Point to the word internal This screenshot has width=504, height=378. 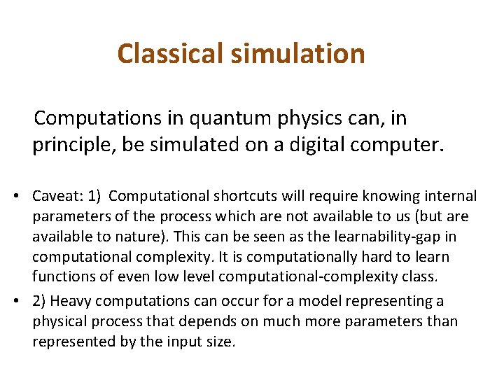[x=450, y=197]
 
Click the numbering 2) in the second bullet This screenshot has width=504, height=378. [x=39, y=301]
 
